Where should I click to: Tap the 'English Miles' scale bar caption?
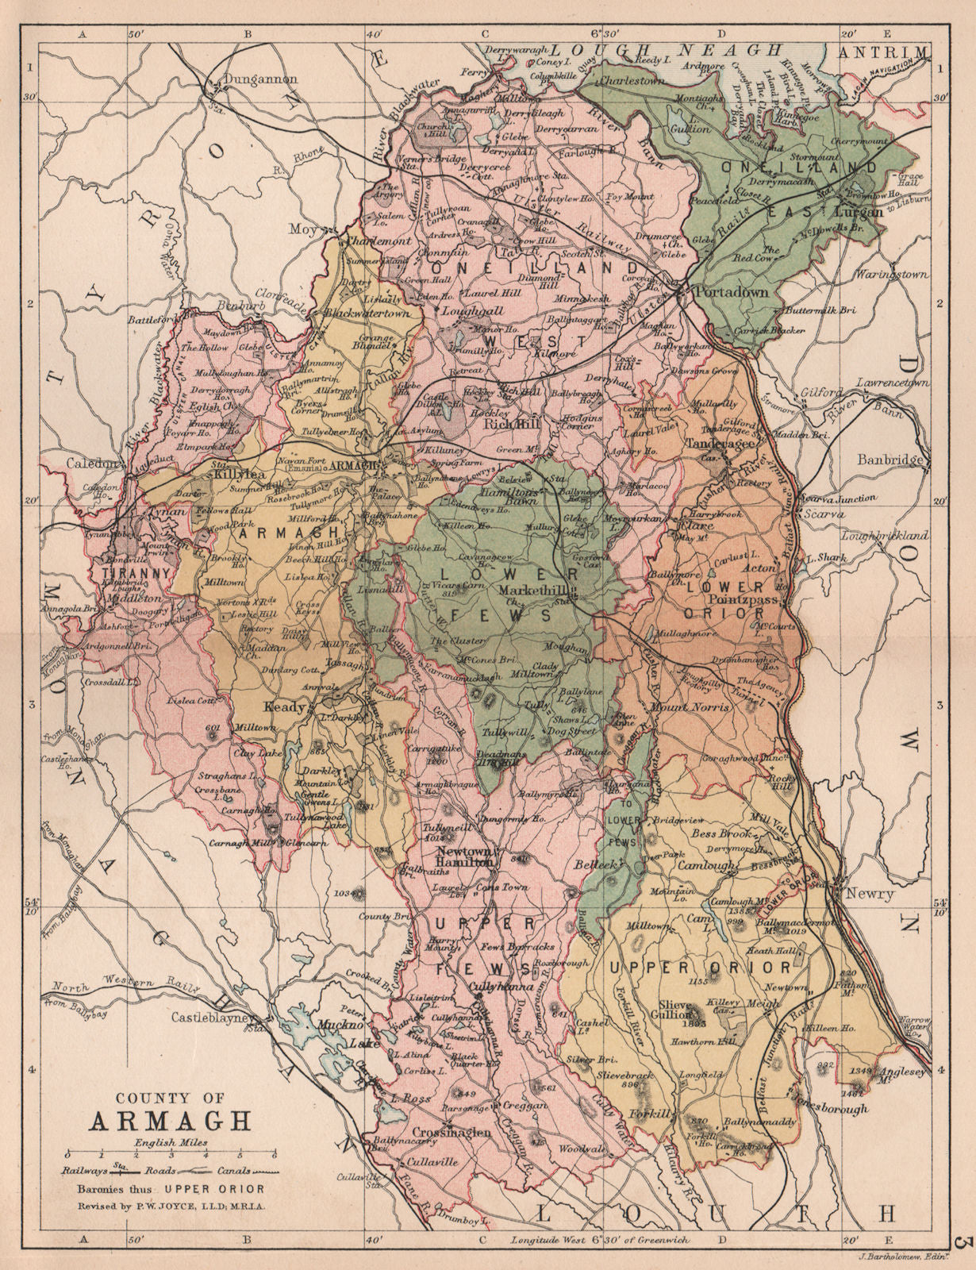click(171, 1141)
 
